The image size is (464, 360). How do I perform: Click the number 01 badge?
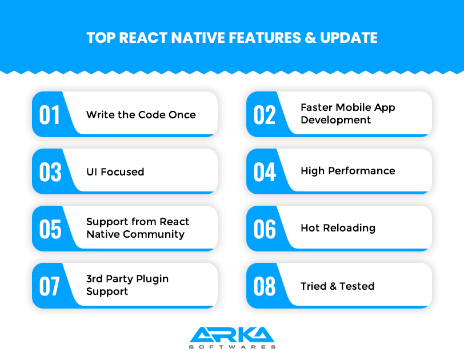coord(50,114)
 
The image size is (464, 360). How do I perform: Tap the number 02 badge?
coord(265,114)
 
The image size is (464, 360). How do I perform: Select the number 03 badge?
coord(50,171)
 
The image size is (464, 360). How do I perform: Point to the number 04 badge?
coord(265,171)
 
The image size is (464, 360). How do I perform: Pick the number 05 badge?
coord(50,229)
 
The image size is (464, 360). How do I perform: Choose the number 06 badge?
coord(265,229)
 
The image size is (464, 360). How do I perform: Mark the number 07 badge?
coord(50,286)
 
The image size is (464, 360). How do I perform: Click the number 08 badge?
coord(265,286)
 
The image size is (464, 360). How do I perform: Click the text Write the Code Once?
coord(141,114)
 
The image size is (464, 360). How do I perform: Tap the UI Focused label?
coord(115,171)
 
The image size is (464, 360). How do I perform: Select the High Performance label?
coord(347,170)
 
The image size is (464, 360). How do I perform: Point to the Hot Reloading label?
coord(338,227)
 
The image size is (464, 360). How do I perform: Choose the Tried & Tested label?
coord(337,286)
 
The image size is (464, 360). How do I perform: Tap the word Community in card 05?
coord(154,234)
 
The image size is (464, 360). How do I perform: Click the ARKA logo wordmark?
coord(232,334)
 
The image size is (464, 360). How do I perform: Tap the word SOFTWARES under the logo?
coord(232,346)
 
